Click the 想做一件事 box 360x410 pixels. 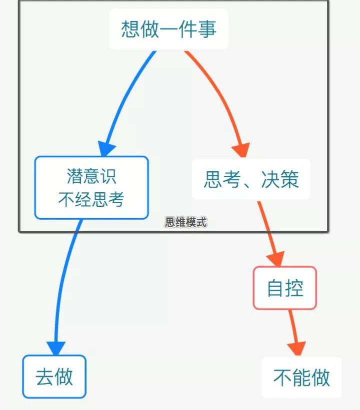coord(168,29)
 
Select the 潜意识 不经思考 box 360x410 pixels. coord(91,187)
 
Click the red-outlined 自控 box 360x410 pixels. coord(285,288)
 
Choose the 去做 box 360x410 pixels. coord(54,377)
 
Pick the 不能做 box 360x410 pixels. coord(301,378)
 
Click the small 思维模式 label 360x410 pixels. coord(185,222)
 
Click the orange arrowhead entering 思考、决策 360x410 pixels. coord(241,149)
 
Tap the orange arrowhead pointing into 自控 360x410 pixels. coord(275,258)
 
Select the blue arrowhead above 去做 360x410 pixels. coord(56,348)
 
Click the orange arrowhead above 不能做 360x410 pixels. coord(297,349)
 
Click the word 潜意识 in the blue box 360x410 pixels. coord(91,176)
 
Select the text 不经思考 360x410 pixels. coord(91,199)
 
